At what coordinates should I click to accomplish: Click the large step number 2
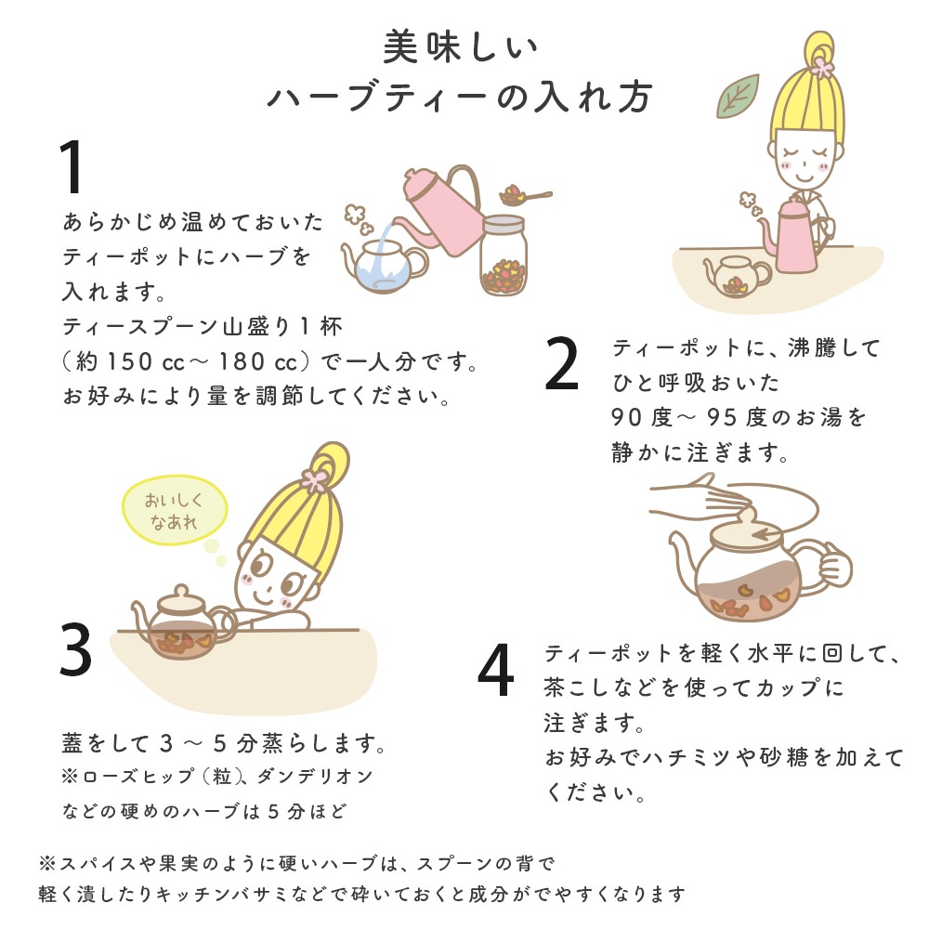click(x=561, y=363)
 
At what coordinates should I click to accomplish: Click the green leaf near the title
click(x=738, y=97)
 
